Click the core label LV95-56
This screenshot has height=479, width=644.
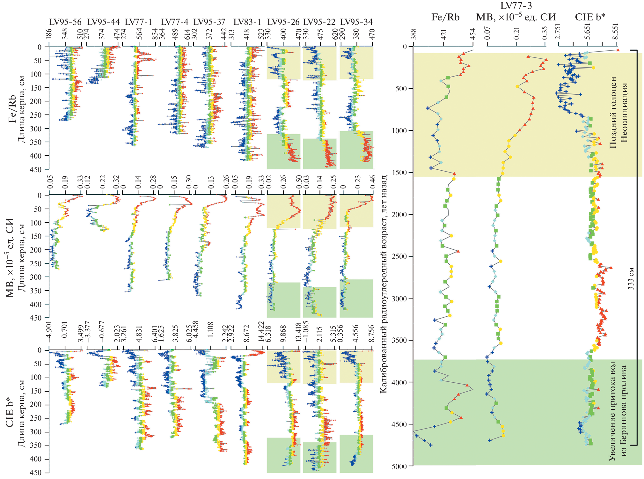pyautogui.click(x=65, y=22)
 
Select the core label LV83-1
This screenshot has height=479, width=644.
pyautogui.click(x=247, y=22)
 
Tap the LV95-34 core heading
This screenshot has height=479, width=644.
pyautogui.click(x=356, y=22)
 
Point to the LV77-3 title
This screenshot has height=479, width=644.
pyautogui.click(x=516, y=5)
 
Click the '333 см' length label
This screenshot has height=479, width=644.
pyautogui.click(x=631, y=278)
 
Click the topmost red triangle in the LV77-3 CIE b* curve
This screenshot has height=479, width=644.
pyautogui.click(x=618, y=50)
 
